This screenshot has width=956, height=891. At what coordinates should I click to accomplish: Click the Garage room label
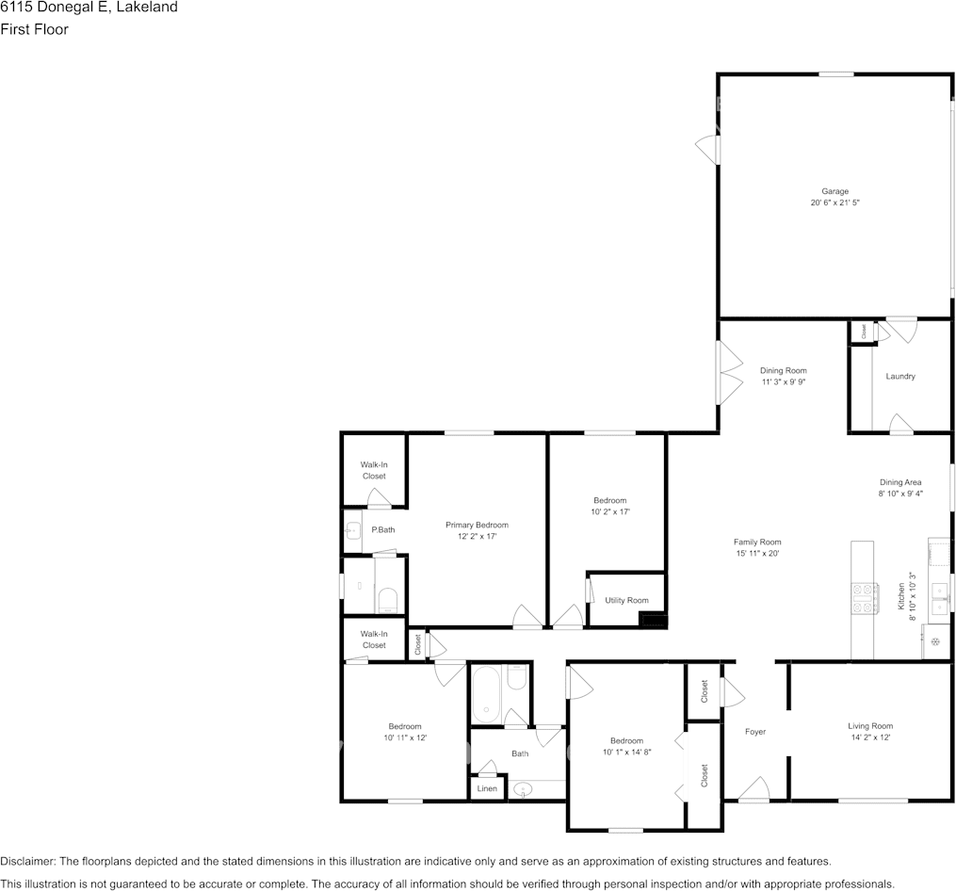[x=834, y=191]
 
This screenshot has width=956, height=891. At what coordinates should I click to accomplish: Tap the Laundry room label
[x=899, y=377]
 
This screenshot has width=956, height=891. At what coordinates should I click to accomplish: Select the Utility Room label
[x=626, y=600]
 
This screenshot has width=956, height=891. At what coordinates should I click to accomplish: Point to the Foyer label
[x=754, y=731]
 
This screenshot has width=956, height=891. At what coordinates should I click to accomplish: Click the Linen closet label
[x=487, y=788]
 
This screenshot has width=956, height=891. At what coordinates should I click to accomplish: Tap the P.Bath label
[x=383, y=529]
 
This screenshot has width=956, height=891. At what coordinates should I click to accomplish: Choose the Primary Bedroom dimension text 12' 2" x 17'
[x=477, y=536]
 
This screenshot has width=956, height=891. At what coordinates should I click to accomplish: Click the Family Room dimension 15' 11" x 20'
[x=757, y=553]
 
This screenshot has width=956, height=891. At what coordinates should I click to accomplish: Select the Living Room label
[x=870, y=726]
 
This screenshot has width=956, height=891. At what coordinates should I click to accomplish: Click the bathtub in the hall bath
[x=486, y=694]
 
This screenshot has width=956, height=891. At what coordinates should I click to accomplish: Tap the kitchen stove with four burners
[x=864, y=598]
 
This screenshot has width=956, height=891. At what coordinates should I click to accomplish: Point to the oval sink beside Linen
[x=523, y=790]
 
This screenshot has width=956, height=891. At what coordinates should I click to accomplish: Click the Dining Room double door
[x=729, y=372]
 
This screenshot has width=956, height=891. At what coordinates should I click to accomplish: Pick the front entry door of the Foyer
[x=754, y=788]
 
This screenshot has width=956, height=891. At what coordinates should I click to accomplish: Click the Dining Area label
[x=899, y=482]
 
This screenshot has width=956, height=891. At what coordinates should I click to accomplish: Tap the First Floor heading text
[x=34, y=29]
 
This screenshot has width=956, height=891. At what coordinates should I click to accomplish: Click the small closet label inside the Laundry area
[x=864, y=332]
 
